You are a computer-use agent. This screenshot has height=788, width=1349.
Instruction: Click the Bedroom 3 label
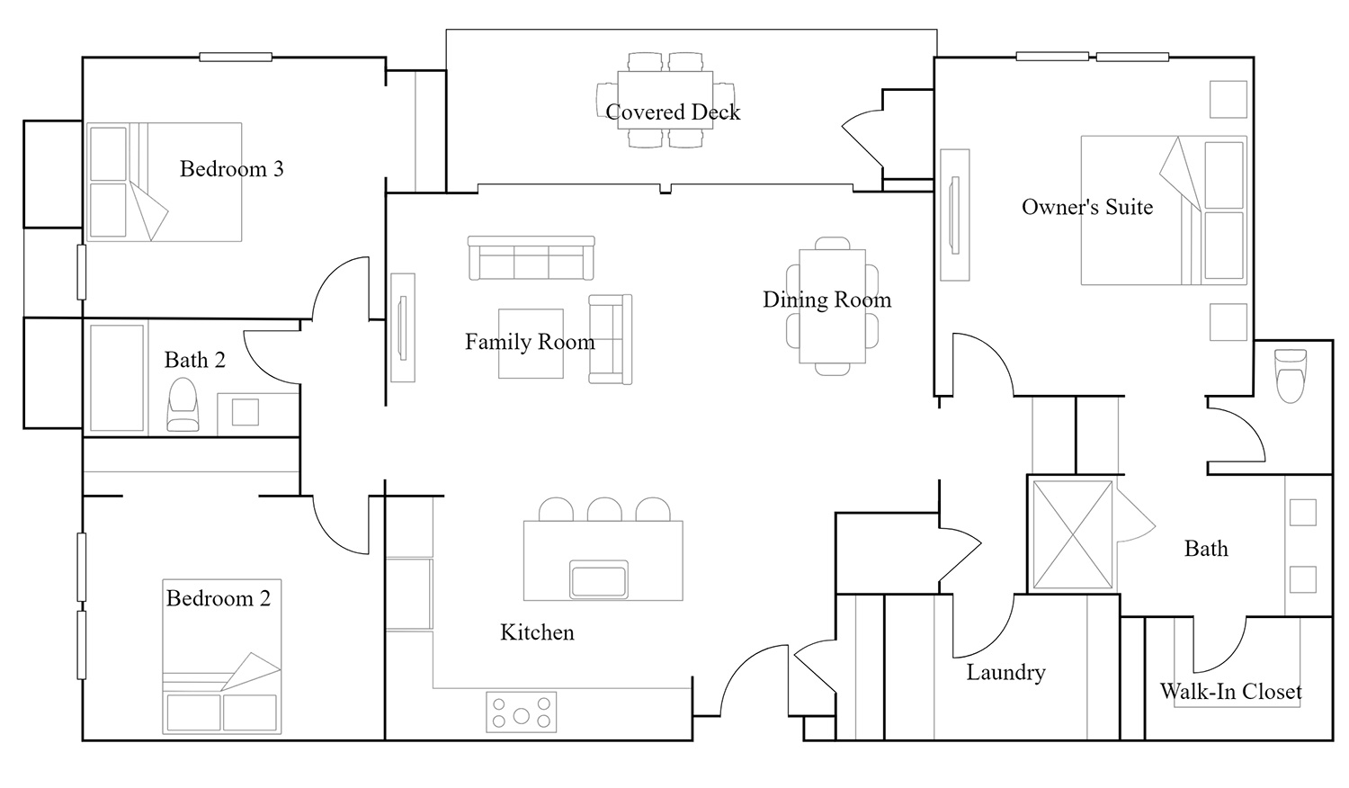click(x=232, y=169)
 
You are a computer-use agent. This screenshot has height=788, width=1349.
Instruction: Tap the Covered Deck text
click(x=673, y=112)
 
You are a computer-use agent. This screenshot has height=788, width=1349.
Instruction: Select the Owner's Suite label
click(x=1087, y=207)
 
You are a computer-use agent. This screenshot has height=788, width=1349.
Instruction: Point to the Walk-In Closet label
click(x=1231, y=691)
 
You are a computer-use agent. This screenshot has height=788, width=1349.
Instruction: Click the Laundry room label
click(x=1005, y=672)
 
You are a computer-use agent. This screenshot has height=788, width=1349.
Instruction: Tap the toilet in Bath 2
click(x=183, y=404)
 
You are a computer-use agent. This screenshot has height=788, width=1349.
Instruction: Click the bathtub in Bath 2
click(x=117, y=378)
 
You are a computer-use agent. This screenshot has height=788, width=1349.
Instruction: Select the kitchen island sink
click(x=599, y=578)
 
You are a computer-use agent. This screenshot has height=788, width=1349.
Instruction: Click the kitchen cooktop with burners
click(x=522, y=712)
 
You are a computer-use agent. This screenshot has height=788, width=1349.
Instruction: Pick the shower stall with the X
click(x=1073, y=534)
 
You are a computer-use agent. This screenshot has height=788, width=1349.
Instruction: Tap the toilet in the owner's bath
click(x=1291, y=376)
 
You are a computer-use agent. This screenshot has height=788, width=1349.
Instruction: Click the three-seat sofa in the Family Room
click(x=532, y=258)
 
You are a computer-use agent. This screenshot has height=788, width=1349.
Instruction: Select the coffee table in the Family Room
click(x=531, y=344)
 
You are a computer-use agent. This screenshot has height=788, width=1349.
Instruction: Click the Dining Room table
click(x=832, y=306)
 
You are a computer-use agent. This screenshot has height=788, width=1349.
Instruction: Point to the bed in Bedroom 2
click(x=221, y=657)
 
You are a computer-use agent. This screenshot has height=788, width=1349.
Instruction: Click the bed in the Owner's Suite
click(x=1164, y=210)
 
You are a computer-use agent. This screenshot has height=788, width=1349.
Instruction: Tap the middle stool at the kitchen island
click(x=604, y=510)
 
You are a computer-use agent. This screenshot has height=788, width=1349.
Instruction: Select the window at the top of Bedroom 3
click(x=236, y=58)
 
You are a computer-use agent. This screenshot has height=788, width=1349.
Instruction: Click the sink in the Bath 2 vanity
click(x=246, y=412)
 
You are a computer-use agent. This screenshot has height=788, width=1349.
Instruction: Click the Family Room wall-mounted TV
click(x=402, y=327)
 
